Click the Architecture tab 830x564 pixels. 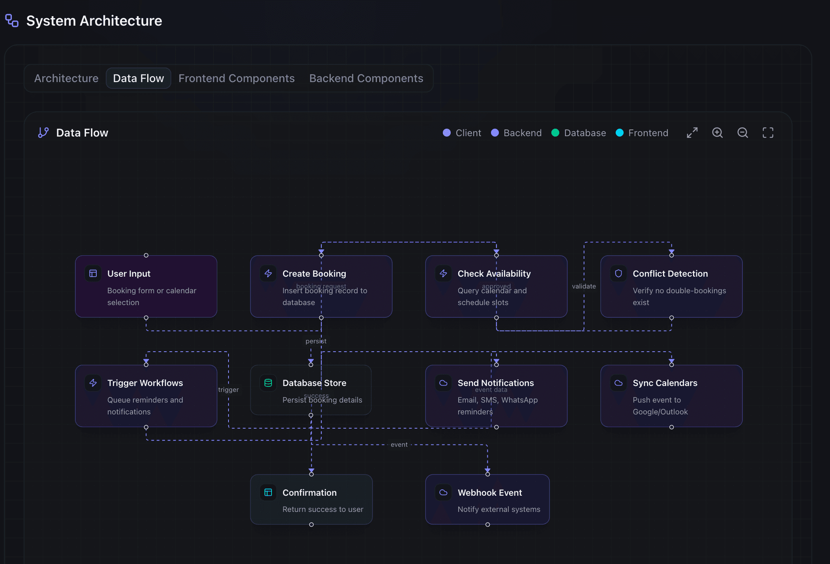[66, 78]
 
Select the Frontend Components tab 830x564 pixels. [236, 78]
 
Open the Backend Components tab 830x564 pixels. [366, 78]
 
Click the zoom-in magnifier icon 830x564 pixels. [717, 133]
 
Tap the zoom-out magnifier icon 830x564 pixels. [742, 133]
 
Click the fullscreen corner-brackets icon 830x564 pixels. [768, 133]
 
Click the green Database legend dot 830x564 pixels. [555, 133]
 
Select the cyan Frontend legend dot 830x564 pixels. [619, 133]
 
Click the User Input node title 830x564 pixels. [129, 274]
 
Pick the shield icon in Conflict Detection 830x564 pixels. [618, 273]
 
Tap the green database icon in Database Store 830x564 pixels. [268, 383]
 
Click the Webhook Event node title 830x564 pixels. [489, 493]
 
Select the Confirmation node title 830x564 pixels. [309, 493]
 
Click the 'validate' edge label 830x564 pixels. [584, 286]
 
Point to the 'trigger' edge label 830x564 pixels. [229, 390]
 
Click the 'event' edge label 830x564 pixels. [399, 444]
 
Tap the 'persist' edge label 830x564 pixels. [316, 341]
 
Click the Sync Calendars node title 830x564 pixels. [665, 383]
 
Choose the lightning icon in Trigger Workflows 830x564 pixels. [93, 383]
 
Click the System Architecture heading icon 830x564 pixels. [12, 21]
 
